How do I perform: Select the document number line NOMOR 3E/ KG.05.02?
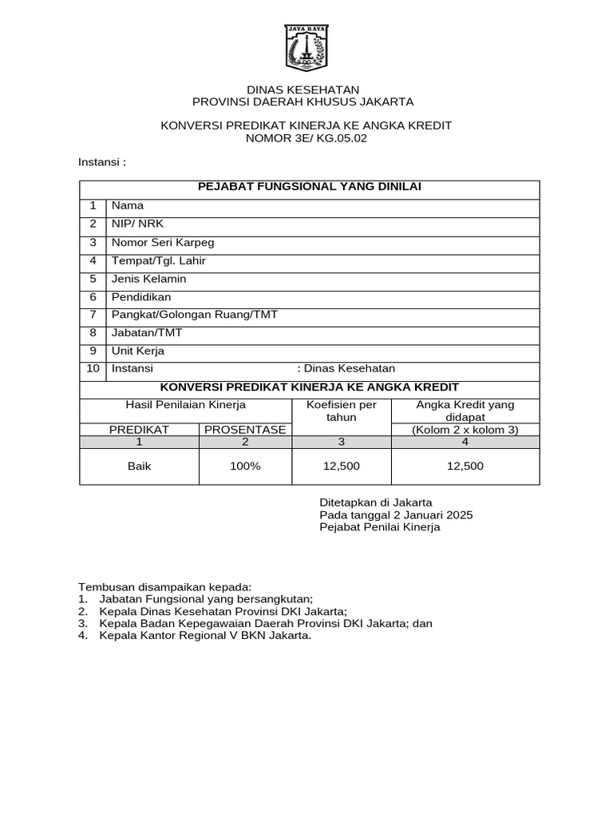[x=306, y=138]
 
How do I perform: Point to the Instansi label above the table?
[x=101, y=162]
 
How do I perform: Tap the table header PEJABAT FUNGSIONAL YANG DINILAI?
[x=309, y=187]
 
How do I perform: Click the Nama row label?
[x=128, y=205]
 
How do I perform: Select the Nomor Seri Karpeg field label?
[x=163, y=242]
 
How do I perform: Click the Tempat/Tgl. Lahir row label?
[x=159, y=260]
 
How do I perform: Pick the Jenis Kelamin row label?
[x=149, y=279]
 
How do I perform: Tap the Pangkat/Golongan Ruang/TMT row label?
[x=195, y=315]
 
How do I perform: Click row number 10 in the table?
[x=93, y=368]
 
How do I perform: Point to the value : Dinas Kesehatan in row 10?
[x=346, y=368]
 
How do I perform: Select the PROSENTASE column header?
[x=245, y=430]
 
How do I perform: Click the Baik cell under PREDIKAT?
[x=139, y=467]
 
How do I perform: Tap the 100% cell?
[x=245, y=467]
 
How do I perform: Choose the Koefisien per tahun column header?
[x=342, y=411]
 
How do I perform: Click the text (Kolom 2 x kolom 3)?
[x=465, y=430]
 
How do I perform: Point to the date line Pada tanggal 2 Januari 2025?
[x=396, y=514]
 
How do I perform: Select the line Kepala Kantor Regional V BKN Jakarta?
[x=205, y=636]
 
